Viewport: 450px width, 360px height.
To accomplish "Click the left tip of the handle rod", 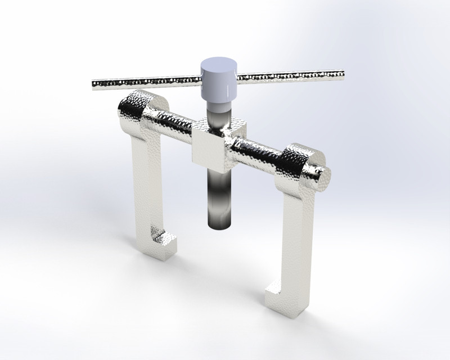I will coord(94,84).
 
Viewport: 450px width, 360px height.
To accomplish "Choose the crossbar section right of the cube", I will coord(259,150).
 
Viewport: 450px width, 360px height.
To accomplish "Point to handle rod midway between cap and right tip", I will coord(290,75).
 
